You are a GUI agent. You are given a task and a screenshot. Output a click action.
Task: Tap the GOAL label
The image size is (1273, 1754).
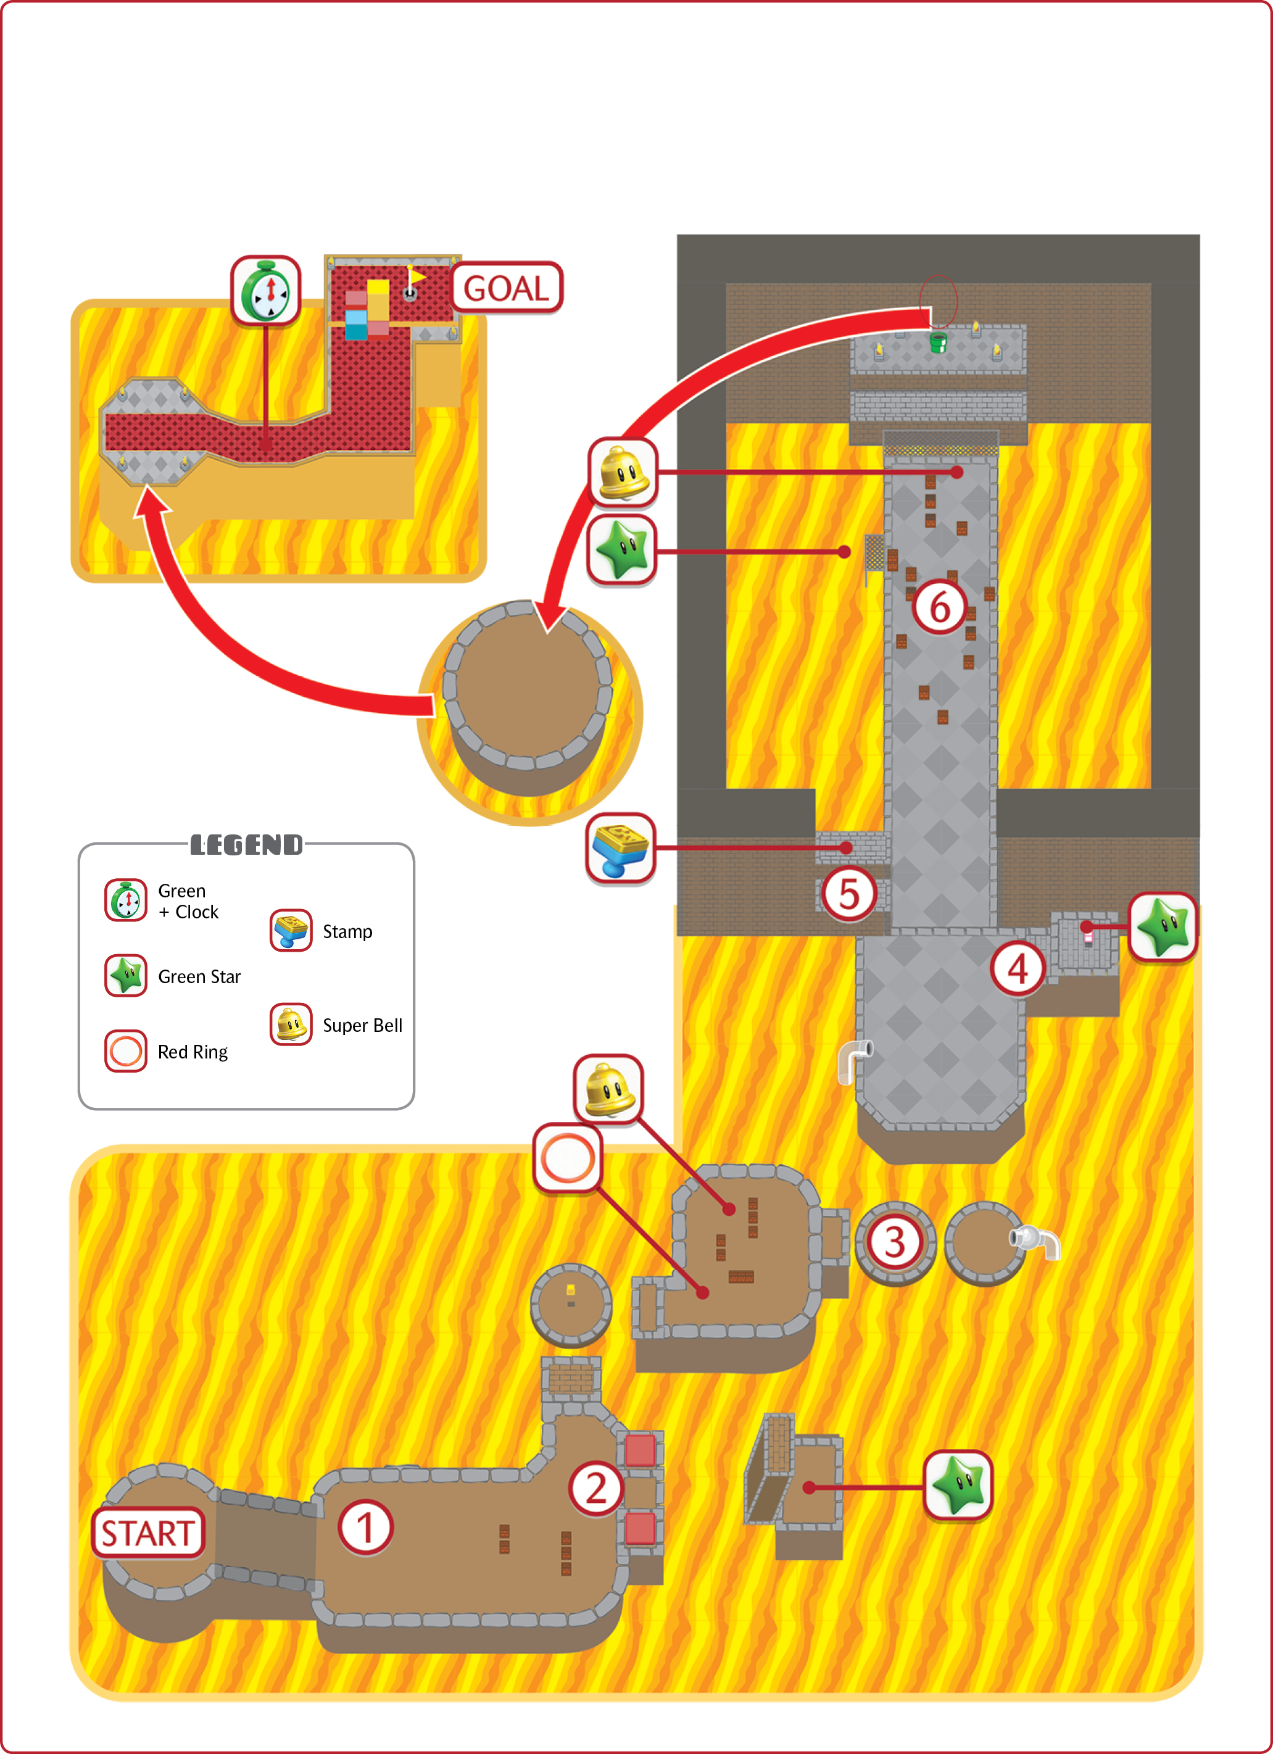(507, 288)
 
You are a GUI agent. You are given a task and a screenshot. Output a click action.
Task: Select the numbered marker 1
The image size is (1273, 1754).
(365, 1527)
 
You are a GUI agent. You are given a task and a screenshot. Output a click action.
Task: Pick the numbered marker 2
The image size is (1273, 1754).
(596, 1488)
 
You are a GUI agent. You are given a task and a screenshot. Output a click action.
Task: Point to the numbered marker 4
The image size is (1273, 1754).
(1018, 968)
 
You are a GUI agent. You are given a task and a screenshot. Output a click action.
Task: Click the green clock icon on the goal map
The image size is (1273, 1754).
(265, 291)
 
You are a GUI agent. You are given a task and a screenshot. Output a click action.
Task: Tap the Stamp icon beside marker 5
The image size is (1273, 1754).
(621, 847)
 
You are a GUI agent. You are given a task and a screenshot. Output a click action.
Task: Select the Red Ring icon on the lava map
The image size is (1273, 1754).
(568, 1158)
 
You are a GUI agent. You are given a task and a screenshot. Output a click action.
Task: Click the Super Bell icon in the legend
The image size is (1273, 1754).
(291, 1024)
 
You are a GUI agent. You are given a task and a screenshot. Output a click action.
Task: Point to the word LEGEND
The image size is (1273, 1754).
(247, 844)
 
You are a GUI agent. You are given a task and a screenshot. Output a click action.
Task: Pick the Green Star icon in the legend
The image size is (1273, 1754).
(126, 975)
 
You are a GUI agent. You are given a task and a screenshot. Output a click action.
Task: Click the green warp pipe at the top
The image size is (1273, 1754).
(938, 342)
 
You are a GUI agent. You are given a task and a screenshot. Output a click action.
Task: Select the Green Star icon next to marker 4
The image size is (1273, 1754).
(1163, 927)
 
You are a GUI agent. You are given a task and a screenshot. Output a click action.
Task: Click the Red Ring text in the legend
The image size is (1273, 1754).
(193, 1052)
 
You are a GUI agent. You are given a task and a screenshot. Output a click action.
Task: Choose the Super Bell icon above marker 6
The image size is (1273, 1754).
(623, 472)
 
